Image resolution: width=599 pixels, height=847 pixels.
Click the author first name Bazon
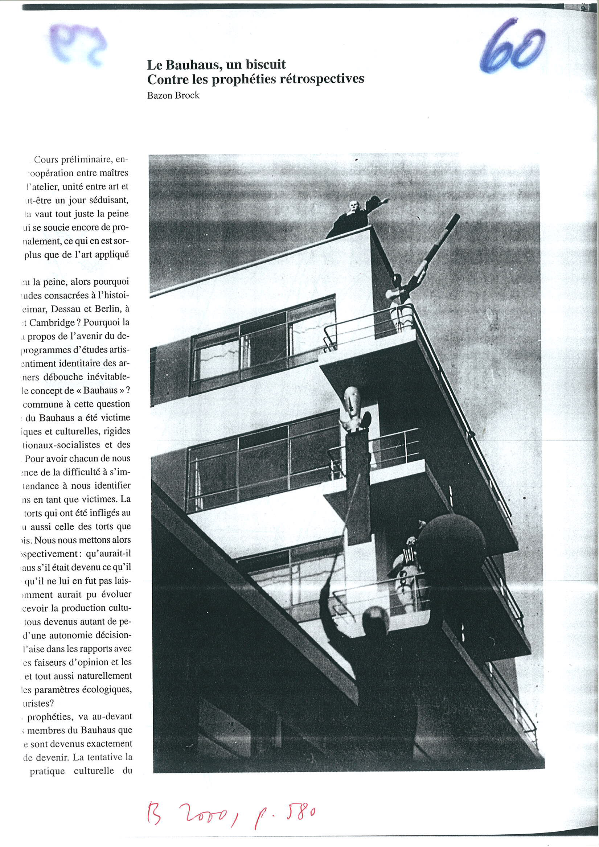click(160, 95)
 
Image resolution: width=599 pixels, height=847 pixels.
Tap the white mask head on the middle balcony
click(351, 398)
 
